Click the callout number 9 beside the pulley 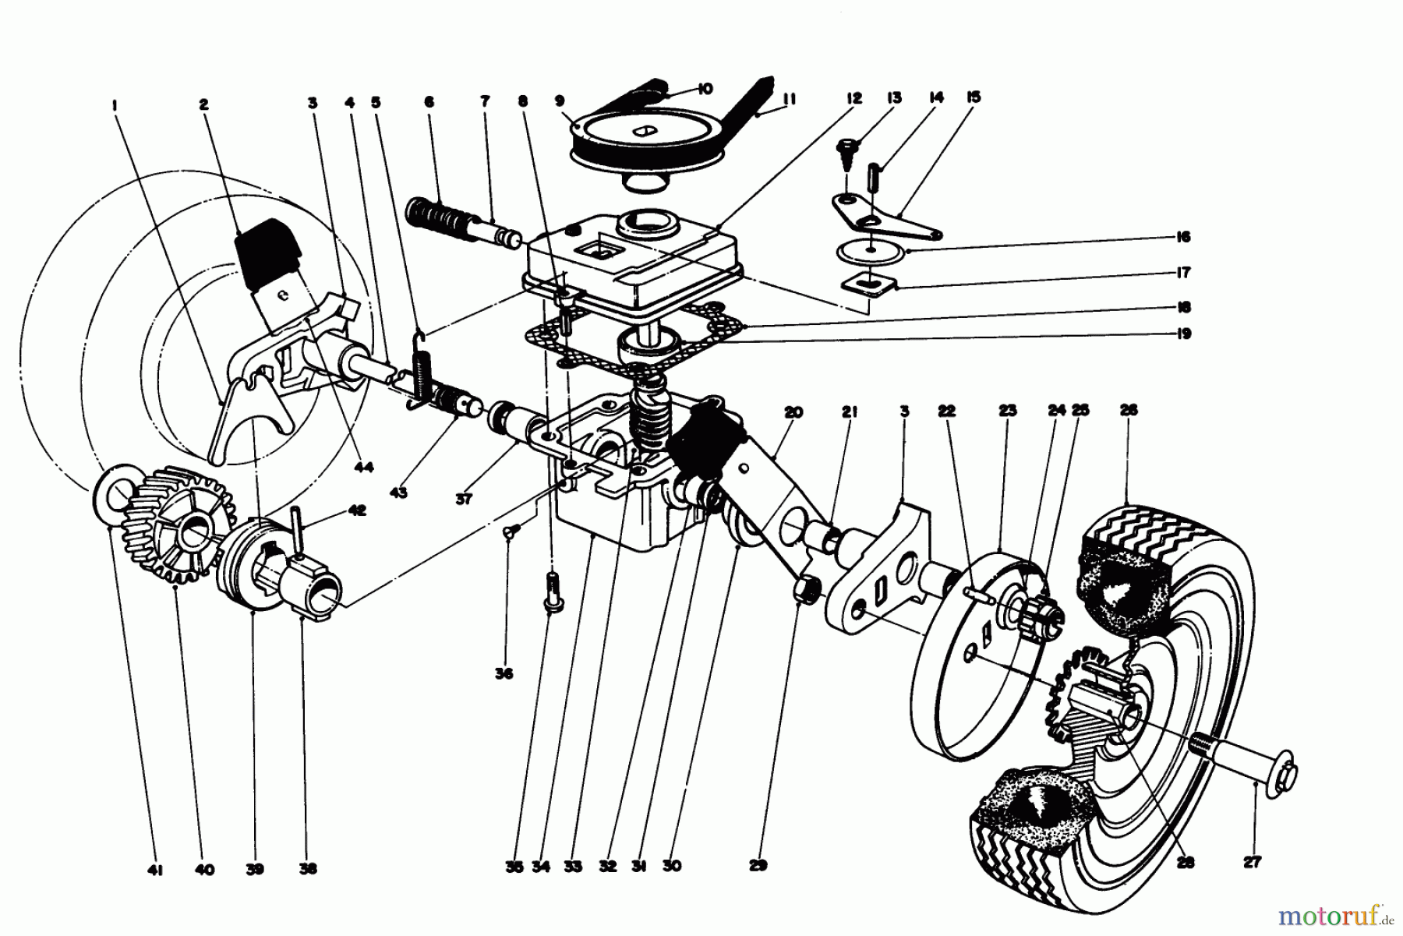(581, 101)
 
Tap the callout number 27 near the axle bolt (1254, 861)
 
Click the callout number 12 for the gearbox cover (853, 99)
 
